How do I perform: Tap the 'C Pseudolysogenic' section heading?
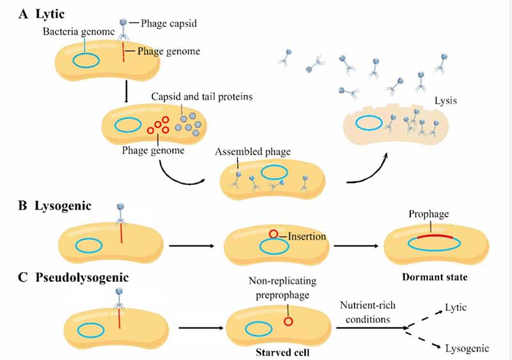(66, 278)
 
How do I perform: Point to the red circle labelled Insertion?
(273, 234)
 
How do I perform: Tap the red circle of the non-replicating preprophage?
(289, 321)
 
